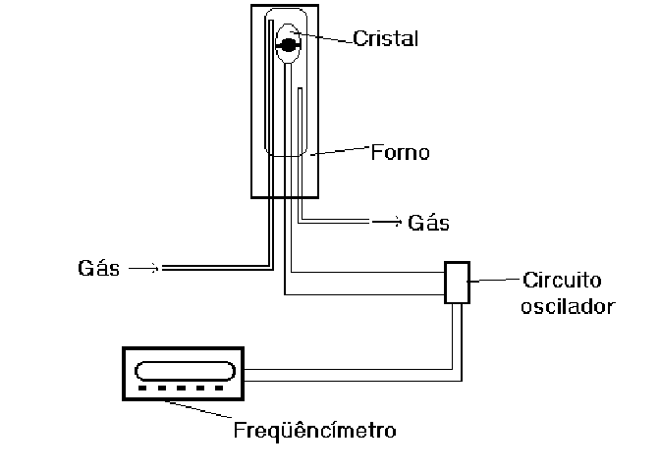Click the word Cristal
click(386, 39)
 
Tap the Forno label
click(400, 153)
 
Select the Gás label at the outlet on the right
click(428, 223)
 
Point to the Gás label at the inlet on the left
click(96, 268)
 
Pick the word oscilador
click(569, 305)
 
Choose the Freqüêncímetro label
click(314, 430)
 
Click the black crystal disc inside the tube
click(289, 43)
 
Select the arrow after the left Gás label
click(143, 267)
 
